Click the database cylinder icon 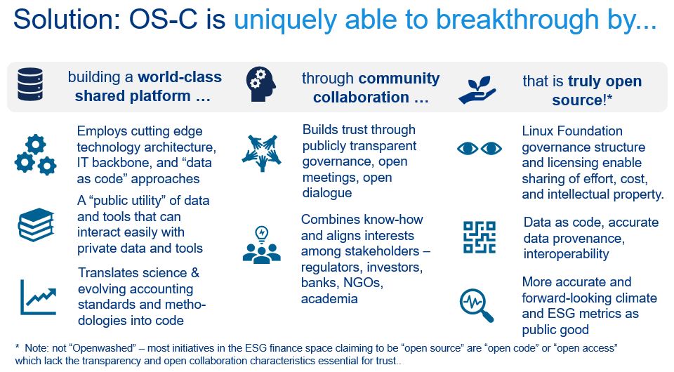point(30,84)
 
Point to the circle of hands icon point(261,153)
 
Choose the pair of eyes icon point(480,149)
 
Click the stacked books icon point(36,225)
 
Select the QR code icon point(480,237)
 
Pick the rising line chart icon point(38,298)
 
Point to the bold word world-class point(180,77)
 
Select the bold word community point(399,78)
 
